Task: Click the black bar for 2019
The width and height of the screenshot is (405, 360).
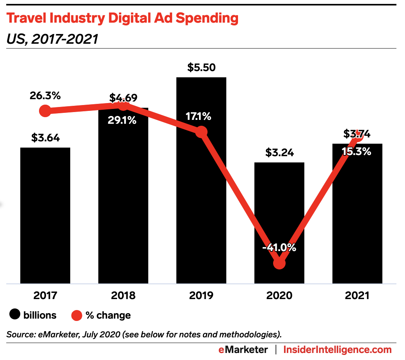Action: coord(201,195)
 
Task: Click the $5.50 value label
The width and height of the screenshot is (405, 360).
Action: coord(201,68)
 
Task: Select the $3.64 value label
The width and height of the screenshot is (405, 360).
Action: coord(45,138)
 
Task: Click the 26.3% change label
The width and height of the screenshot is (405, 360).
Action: coord(45,96)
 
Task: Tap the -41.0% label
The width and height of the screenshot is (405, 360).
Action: coord(279,248)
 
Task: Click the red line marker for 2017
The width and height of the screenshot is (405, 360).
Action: coord(45,111)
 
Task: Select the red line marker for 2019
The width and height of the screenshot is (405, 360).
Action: coord(201,132)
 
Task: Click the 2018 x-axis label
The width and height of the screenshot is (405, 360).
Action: coord(123,295)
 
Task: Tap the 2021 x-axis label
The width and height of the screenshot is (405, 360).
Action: coord(357,295)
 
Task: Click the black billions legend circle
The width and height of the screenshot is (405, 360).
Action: coord(15,315)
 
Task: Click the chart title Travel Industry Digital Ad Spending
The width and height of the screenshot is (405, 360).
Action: coord(122,18)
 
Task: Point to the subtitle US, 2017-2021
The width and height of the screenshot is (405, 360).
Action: coord(52,39)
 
